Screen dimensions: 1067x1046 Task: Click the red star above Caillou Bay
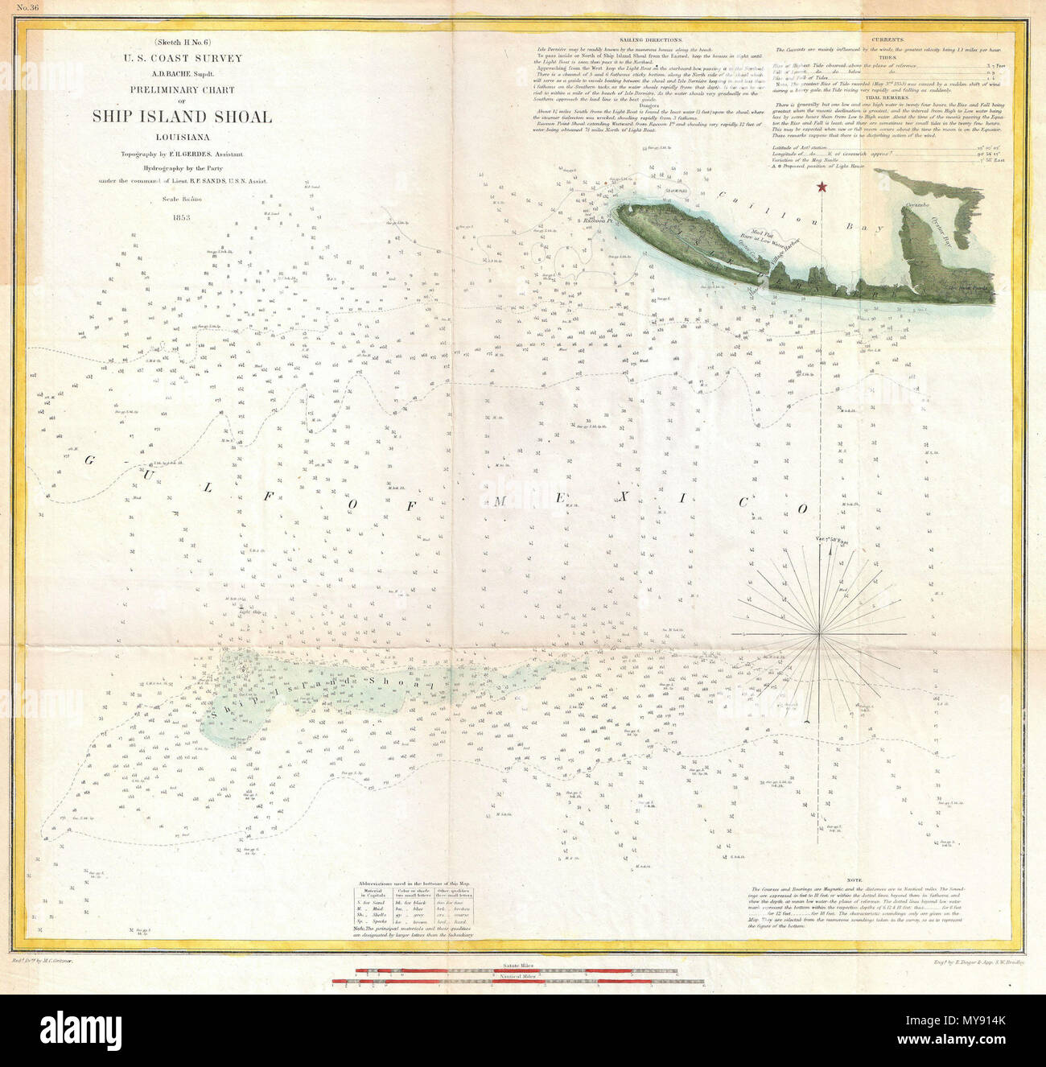point(822,187)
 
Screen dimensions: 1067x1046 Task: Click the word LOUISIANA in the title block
point(181,136)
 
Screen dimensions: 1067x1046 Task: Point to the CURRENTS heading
point(893,39)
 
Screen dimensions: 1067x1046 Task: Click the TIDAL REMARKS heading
point(893,97)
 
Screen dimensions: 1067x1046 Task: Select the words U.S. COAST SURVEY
point(181,59)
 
